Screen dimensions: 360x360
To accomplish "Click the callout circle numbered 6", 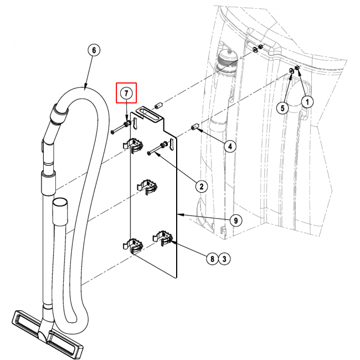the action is click(x=94, y=50).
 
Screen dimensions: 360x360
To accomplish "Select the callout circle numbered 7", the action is click(x=126, y=93).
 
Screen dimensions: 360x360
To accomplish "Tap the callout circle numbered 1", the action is click(x=307, y=101).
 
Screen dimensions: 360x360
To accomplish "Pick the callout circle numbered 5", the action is click(x=282, y=107).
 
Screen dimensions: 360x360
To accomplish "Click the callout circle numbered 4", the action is click(x=230, y=146).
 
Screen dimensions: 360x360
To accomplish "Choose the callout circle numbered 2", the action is click(x=202, y=186).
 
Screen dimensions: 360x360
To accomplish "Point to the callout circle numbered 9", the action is click(x=236, y=220).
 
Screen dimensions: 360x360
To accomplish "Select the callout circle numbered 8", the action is click(x=212, y=259).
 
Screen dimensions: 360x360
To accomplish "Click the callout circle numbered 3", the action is click(x=224, y=259).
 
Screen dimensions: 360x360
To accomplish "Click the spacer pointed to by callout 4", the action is click(x=195, y=126).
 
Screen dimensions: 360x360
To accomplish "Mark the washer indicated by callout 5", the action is click(x=291, y=71).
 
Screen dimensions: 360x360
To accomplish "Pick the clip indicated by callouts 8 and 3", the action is click(x=162, y=238).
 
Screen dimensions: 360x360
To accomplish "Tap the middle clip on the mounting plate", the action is click(x=147, y=187).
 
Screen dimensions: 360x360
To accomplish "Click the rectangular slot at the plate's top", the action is click(x=148, y=114).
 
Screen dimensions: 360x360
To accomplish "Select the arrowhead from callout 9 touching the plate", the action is click(x=180, y=215).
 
